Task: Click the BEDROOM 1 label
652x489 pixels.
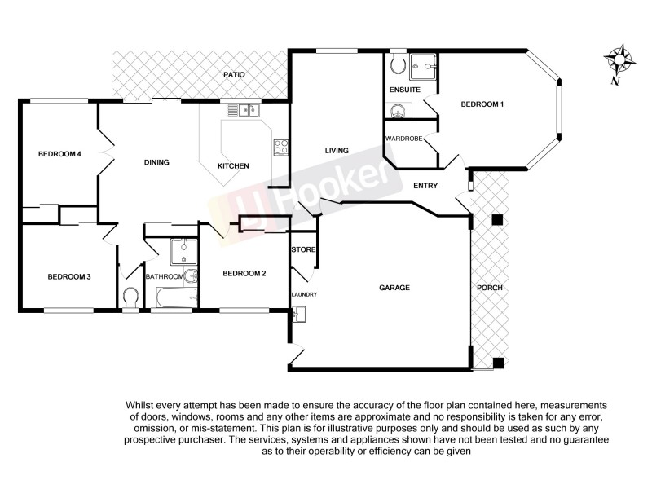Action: click(x=482, y=104)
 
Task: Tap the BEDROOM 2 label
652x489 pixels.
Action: click(x=244, y=274)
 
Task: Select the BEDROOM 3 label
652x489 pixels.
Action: click(x=68, y=277)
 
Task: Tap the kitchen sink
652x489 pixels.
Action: click(x=242, y=109)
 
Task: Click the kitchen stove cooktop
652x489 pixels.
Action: click(x=280, y=148)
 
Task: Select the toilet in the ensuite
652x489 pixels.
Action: click(x=399, y=64)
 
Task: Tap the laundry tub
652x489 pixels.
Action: click(x=298, y=313)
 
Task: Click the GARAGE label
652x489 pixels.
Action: click(x=394, y=289)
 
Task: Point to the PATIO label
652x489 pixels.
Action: click(x=235, y=75)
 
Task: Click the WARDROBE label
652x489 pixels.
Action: click(x=404, y=139)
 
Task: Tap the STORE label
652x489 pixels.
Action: click(x=303, y=249)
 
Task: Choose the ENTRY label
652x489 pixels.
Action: click(x=425, y=186)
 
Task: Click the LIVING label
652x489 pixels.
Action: click(x=337, y=151)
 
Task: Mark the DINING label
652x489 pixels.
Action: click(x=156, y=162)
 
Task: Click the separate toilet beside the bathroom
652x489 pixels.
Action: click(x=130, y=297)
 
